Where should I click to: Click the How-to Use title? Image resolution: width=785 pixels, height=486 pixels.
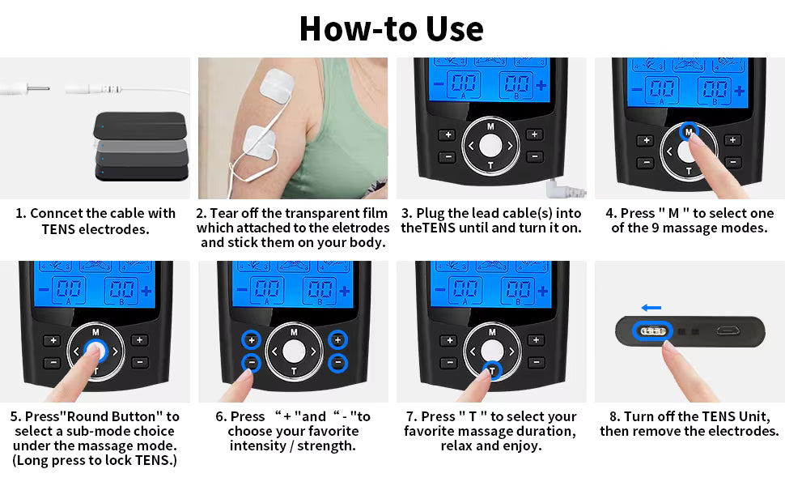pos(391,28)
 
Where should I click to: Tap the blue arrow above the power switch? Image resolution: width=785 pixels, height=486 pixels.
pos(651,308)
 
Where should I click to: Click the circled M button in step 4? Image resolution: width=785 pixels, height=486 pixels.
pos(689,132)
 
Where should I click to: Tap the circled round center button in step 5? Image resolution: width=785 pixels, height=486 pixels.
pos(95,350)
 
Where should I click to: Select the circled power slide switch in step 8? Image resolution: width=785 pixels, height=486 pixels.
pos(651,331)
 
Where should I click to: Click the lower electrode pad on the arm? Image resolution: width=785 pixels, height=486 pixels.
pos(258,143)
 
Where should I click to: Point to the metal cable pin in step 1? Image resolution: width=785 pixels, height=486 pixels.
pos(38,88)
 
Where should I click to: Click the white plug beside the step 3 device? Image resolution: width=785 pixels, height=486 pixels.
pos(565,189)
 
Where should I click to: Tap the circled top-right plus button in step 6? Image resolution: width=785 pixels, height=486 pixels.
pos(338,340)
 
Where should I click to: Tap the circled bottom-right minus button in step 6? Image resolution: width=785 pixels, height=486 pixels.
pos(338,362)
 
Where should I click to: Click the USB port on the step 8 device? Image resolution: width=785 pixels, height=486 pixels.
pos(727,330)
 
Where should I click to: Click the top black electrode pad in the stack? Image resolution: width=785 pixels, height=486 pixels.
pos(140,126)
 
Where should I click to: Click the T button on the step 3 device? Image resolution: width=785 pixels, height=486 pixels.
pos(490,165)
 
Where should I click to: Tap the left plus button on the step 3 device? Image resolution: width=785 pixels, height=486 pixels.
pos(448,134)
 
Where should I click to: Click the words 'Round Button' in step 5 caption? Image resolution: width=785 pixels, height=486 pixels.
pos(111,417)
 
